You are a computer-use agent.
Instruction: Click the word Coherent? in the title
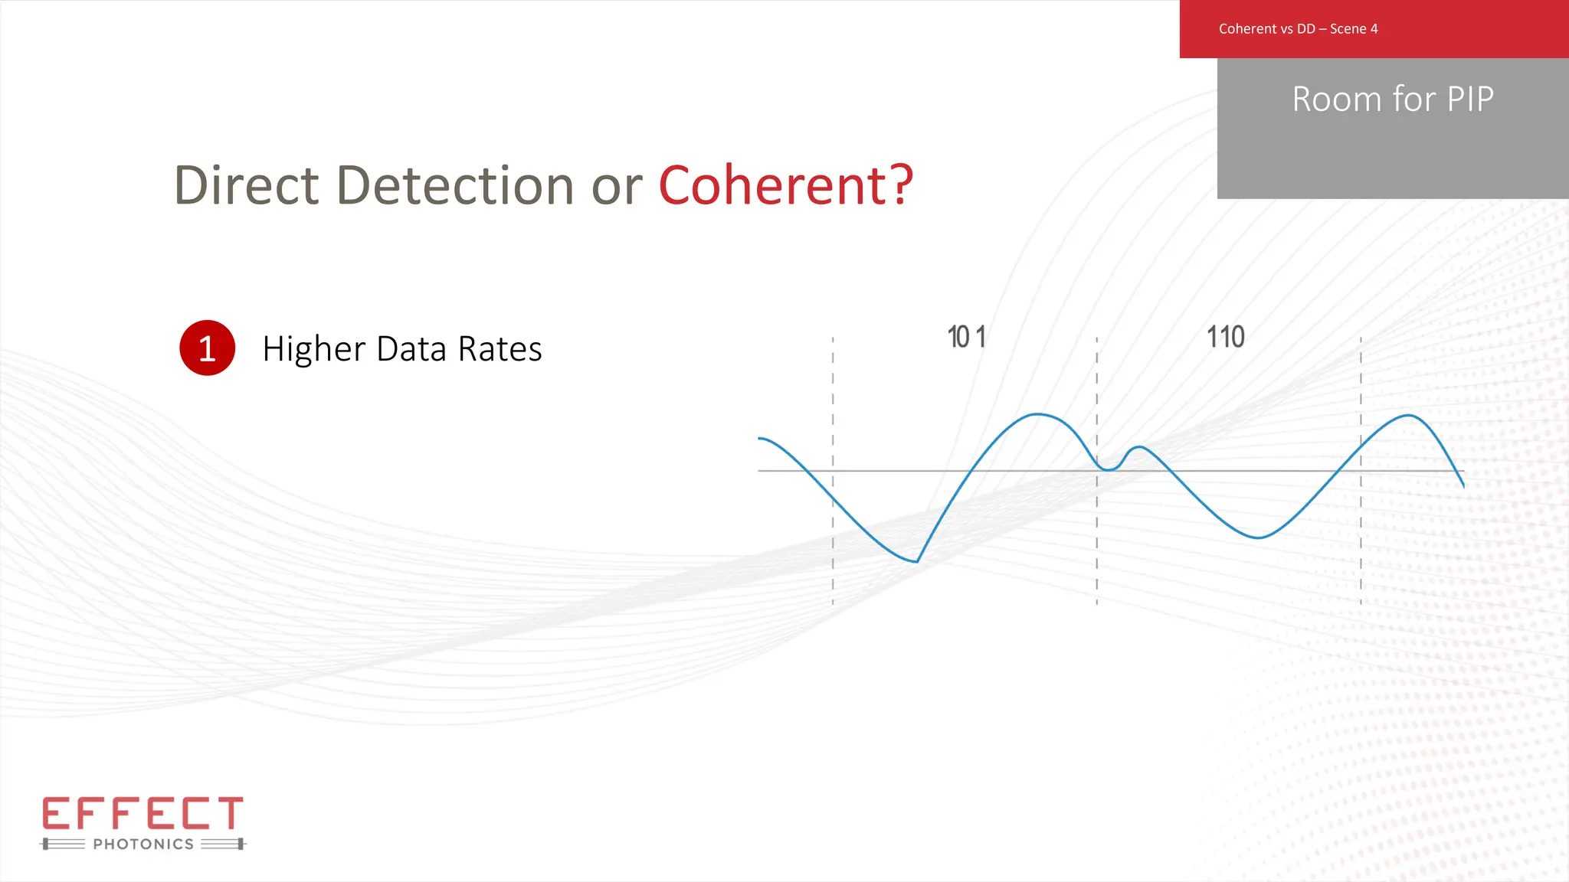[786, 186]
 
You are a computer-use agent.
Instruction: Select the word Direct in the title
[246, 186]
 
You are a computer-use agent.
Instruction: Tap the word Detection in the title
[455, 186]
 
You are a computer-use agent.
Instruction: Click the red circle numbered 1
[207, 348]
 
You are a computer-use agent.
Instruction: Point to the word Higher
[314, 350]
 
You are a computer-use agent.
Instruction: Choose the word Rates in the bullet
[500, 349]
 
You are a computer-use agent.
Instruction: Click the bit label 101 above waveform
[967, 338]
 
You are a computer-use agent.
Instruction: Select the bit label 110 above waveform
[1226, 338]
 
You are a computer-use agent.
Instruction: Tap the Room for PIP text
[1393, 100]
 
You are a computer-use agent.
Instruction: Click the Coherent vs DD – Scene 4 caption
[1298, 29]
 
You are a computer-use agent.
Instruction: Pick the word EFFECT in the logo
[142, 813]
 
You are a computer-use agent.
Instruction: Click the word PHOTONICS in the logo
[143, 844]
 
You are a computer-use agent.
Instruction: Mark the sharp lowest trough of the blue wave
[916, 561]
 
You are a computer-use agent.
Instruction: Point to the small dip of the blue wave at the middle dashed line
[1108, 469]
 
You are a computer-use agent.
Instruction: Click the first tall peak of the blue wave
[1037, 414]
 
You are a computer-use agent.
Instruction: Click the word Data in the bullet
[411, 349]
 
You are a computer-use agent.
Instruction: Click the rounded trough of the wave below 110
[1258, 537]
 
